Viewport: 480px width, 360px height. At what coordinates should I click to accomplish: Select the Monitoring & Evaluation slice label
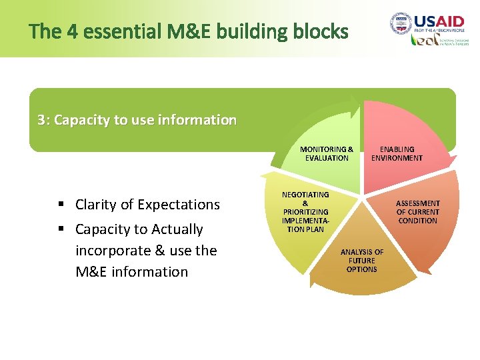(327, 153)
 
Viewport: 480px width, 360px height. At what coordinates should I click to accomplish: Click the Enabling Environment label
(397, 153)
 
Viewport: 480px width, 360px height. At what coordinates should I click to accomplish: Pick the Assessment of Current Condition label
(418, 211)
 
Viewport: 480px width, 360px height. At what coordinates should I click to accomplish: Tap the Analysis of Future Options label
(362, 261)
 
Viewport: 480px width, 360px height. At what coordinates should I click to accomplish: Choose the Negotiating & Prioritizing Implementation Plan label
(305, 211)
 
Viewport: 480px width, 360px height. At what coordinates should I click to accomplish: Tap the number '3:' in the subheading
(43, 120)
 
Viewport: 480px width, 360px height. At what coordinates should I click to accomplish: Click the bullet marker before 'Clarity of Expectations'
(61, 205)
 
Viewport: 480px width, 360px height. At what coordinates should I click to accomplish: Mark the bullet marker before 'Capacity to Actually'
(61, 229)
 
